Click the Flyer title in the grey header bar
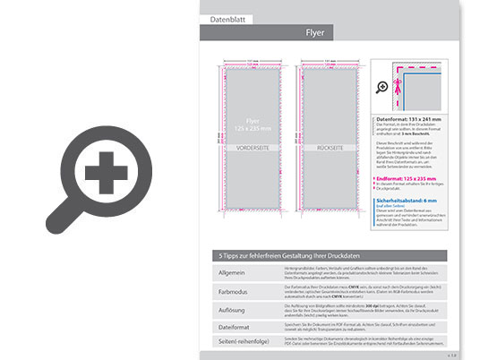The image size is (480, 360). (315, 33)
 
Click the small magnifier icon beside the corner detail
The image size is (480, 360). (382, 87)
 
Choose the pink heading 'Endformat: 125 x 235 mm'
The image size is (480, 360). (410, 180)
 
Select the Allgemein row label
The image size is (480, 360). (231, 271)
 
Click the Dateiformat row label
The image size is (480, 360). (234, 325)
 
